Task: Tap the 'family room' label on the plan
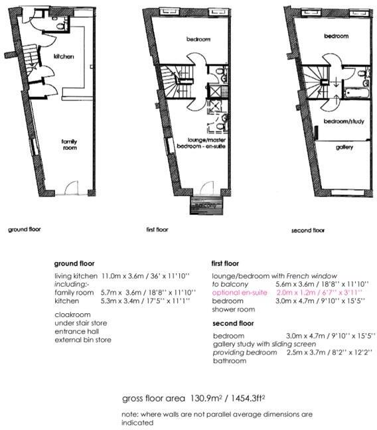[x=70, y=144]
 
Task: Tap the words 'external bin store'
[x=83, y=340]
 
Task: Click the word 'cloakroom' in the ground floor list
[x=71, y=316]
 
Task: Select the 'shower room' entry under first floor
[x=232, y=309]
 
